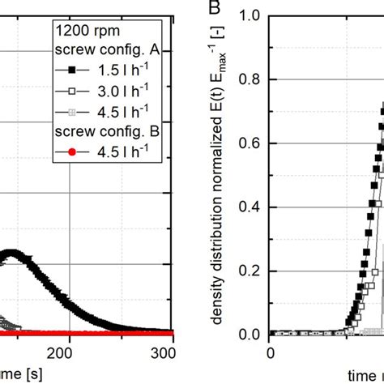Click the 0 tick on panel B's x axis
pyautogui.click(x=270, y=352)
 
